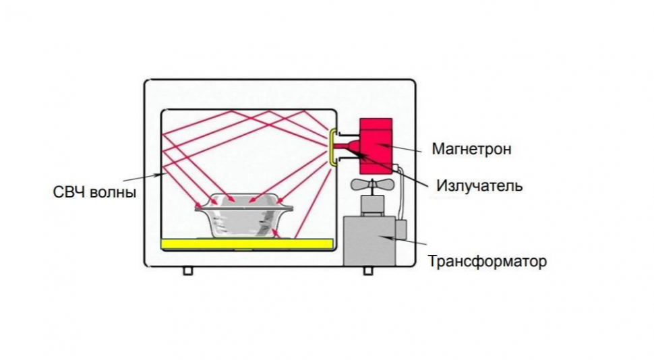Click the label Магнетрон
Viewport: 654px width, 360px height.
click(471, 149)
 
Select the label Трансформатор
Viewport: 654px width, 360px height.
click(487, 261)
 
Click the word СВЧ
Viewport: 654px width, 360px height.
click(68, 192)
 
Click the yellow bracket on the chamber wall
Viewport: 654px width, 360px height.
click(332, 148)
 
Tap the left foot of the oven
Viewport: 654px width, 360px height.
click(187, 270)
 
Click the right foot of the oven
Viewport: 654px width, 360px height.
click(368, 270)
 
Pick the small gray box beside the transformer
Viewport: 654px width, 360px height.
click(400, 231)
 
